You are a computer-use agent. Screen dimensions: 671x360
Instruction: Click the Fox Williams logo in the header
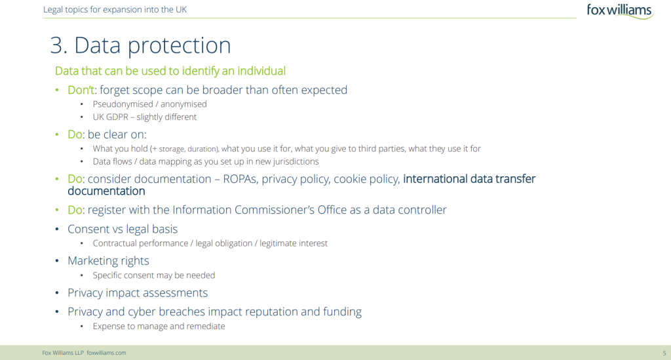click(620, 10)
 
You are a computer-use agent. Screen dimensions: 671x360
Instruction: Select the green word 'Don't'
click(81, 90)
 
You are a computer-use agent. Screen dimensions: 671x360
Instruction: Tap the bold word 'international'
click(435, 178)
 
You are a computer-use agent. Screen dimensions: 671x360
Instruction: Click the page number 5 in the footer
click(664, 353)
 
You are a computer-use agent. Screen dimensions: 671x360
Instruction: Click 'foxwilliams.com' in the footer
click(106, 353)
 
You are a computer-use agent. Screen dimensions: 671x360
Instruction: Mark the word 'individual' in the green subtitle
click(261, 71)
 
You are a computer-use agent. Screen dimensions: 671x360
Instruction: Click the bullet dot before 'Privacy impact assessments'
click(57, 293)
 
